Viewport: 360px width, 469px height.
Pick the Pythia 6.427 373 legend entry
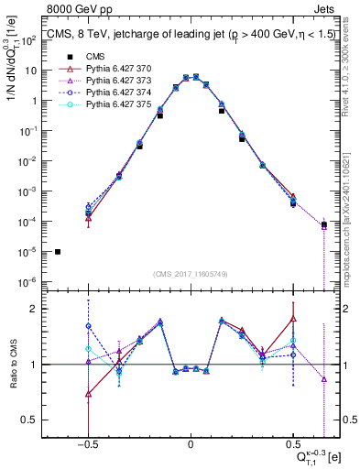[101, 81]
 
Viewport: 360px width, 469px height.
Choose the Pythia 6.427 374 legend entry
[101, 93]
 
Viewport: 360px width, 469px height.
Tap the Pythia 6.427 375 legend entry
[101, 106]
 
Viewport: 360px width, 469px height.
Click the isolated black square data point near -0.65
[58, 252]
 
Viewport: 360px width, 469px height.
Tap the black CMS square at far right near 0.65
[324, 224]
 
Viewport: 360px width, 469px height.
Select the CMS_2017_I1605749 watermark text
[191, 274]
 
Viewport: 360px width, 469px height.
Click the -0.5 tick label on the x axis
[87, 444]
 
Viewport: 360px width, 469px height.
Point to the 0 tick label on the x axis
[191, 444]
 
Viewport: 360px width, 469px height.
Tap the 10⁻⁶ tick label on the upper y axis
[32, 281]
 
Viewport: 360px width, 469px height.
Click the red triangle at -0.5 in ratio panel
[88, 394]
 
